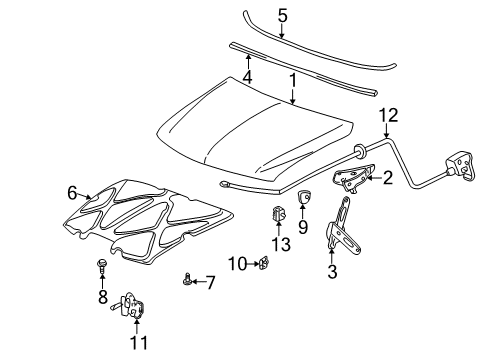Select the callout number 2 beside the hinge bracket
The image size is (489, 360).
387,180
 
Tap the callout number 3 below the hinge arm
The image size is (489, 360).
331,271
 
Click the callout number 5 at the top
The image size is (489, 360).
282,16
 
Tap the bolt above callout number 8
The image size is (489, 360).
101,264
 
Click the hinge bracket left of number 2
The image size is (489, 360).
353,178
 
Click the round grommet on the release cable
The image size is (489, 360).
356,151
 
